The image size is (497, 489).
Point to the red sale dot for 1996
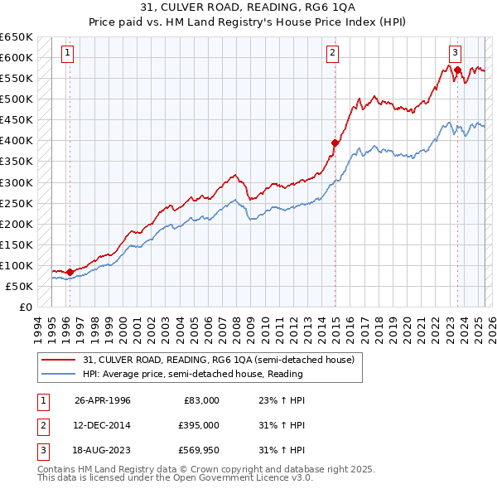(x=70, y=272)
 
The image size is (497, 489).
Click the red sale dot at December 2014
(x=335, y=143)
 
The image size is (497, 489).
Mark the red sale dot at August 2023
(x=457, y=70)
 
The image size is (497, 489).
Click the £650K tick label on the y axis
(x=17, y=37)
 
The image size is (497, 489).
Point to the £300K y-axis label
(x=17, y=182)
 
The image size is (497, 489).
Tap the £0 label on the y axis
(x=25, y=307)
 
